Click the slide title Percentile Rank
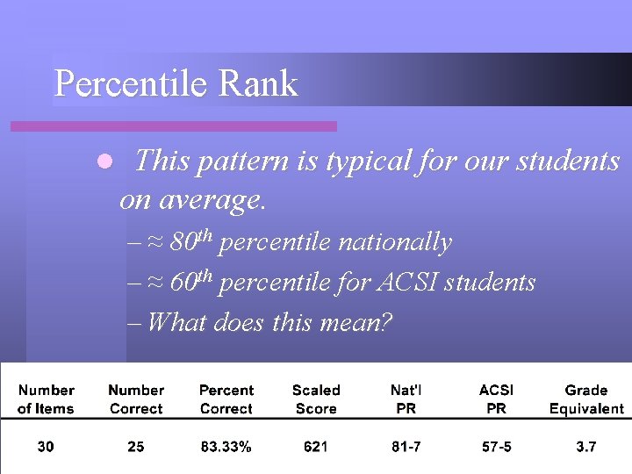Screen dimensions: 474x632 point(176,84)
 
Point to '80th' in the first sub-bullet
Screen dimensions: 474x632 point(191,241)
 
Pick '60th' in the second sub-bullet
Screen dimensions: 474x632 point(191,282)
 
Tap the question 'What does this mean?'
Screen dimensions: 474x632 point(270,322)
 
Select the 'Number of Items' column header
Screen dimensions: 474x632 point(46,399)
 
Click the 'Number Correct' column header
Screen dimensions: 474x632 point(136,399)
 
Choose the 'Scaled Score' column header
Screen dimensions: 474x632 point(316,399)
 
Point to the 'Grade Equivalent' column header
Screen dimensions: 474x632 point(586,399)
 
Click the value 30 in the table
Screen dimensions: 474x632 point(46,447)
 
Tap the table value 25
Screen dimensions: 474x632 point(136,447)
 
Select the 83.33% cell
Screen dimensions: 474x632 point(226,447)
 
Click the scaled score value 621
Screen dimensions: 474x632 point(316,447)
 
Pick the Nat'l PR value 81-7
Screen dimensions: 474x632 point(406,447)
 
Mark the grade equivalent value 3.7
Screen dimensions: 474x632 point(586,447)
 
